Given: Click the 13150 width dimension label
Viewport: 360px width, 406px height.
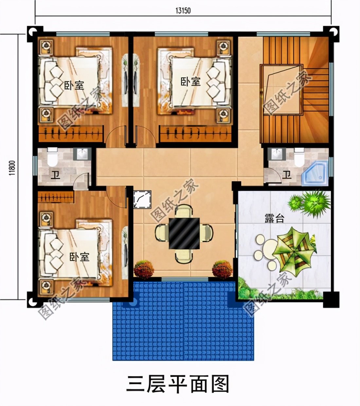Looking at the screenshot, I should (x=183, y=10).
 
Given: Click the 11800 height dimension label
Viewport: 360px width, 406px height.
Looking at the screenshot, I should (x=12, y=167).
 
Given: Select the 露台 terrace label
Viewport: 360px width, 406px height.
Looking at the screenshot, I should (x=274, y=219).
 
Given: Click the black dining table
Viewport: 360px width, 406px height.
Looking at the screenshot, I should (x=184, y=233).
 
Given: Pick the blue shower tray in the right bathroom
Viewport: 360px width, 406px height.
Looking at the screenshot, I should (x=314, y=173).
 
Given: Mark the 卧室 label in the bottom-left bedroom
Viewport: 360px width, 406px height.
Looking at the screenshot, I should (x=79, y=257).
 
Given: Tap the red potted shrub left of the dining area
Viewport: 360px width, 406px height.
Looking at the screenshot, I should (x=144, y=269).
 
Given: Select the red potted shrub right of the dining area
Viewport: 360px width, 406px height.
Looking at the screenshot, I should (x=222, y=269).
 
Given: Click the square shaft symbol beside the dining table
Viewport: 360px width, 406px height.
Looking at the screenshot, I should (x=142, y=200).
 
